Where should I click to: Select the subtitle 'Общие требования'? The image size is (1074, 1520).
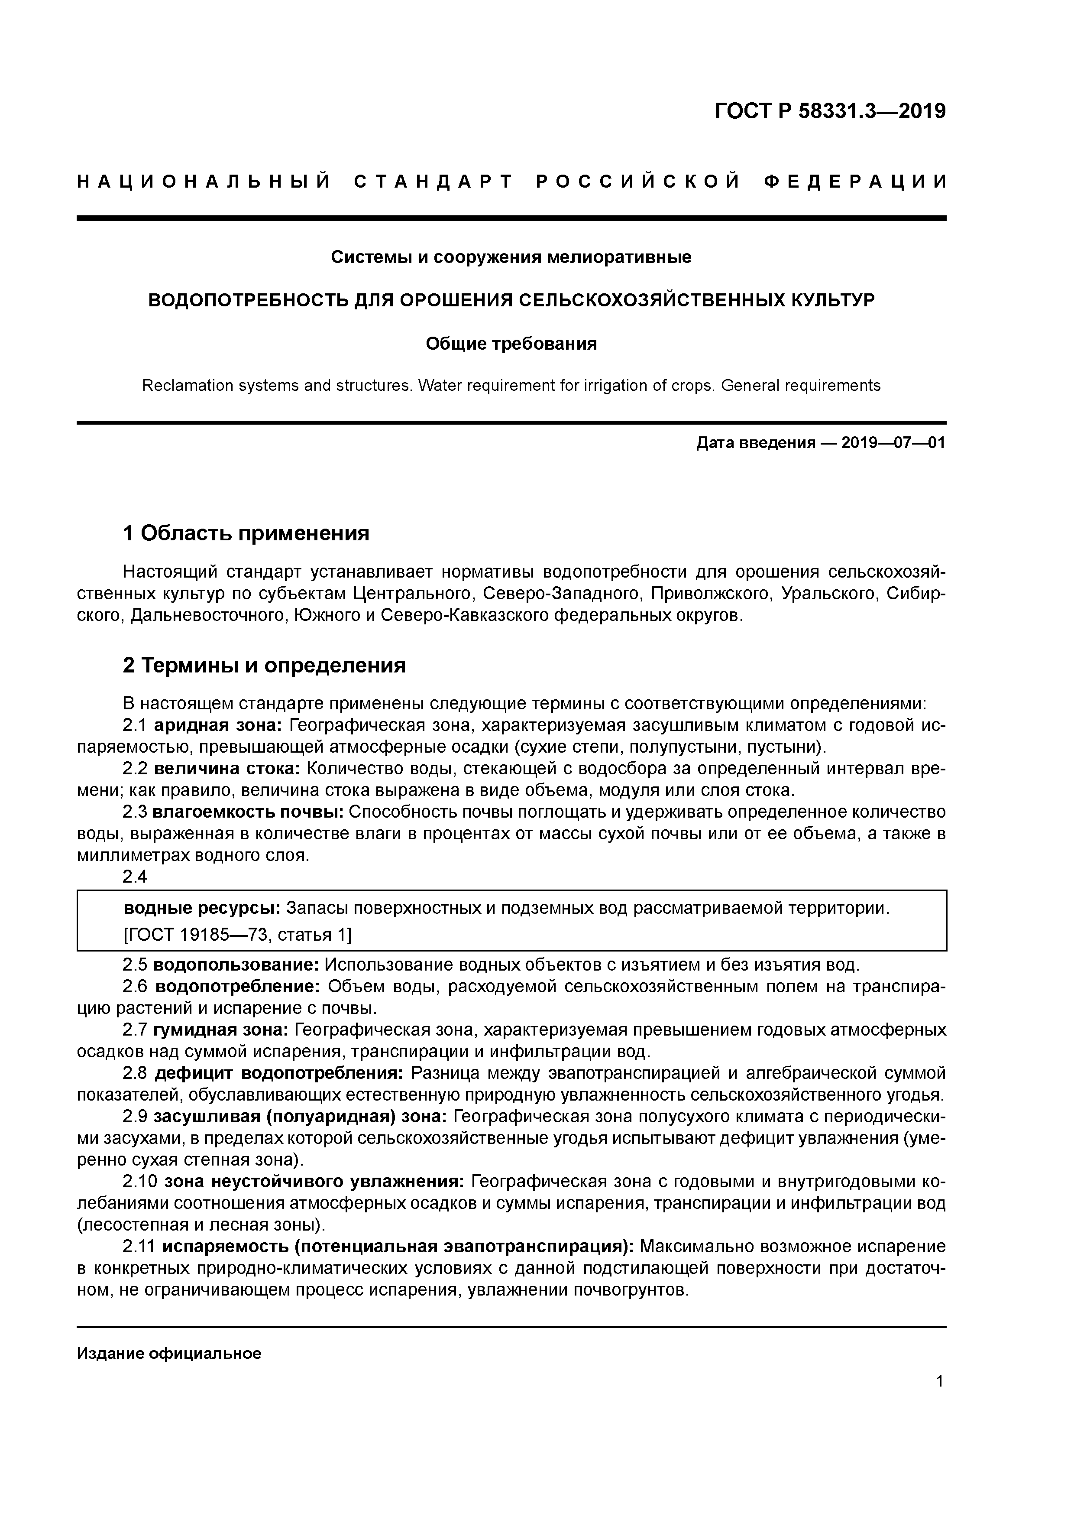click(x=511, y=344)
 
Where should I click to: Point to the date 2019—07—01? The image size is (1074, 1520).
click(x=893, y=443)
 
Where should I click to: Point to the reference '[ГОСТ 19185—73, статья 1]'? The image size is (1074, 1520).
click(x=238, y=935)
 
